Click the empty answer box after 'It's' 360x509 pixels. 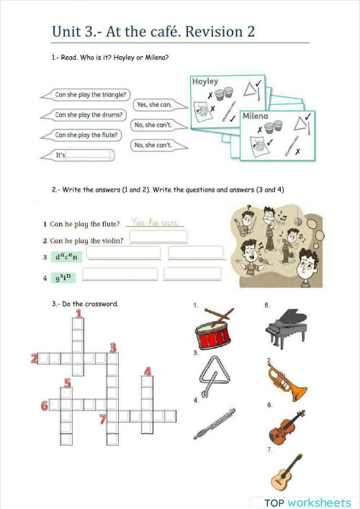tap(88, 155)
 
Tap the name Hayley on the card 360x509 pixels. tap(205, 82)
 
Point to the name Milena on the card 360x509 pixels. tap(256, 116)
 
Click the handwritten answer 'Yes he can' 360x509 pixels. tap(154, 223)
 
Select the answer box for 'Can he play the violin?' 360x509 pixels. tap(158, 238)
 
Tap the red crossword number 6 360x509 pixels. tap(45, 406)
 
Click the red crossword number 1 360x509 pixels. tap(78, 313)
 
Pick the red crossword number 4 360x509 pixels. tap(147, 371)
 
